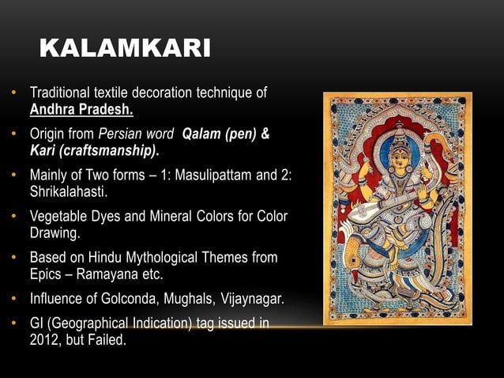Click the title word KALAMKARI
[x=124, y=50]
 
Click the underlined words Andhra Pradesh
[x=81, y=108]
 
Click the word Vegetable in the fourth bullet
[x=59, y=217]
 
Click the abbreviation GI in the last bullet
[x=37, y=325]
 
